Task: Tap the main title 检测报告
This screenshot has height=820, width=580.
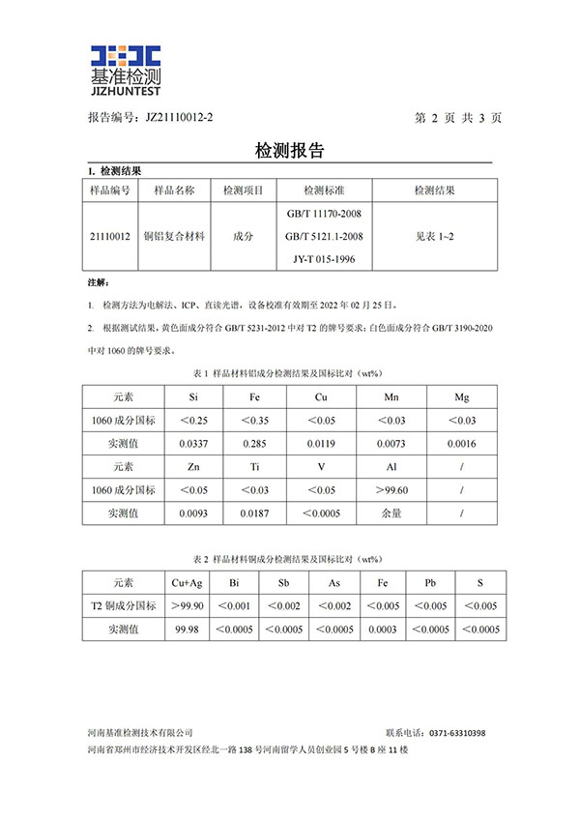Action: click(x=288, y=151)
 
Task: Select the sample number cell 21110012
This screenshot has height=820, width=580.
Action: click(x=109, y=236)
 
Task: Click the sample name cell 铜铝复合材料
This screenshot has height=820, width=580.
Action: click(x=175, y=236)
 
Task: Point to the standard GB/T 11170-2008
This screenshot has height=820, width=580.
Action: click(x=325, y=213)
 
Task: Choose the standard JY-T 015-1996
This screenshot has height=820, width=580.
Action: click(x=325, y=259)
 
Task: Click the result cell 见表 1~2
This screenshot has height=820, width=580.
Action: click(x=434, y=236)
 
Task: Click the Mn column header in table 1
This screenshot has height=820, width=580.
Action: click(x=391, y=397)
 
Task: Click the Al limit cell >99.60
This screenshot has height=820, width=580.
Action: click(x=391, y=490)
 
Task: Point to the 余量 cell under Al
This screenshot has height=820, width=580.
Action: click(x=391, y=513)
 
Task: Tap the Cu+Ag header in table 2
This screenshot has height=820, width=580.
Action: click(x=187, y=583)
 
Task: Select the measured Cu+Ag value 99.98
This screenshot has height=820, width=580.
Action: click(x=187, y=630)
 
